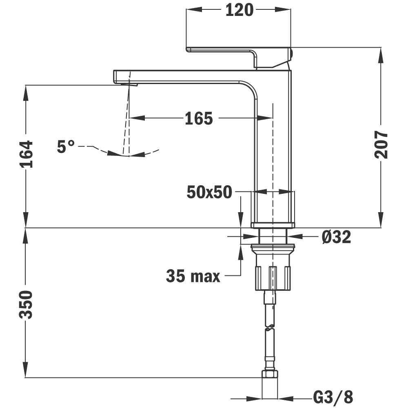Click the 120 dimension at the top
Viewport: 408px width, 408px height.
coord(239,10)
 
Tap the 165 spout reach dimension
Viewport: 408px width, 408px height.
coord(199,118)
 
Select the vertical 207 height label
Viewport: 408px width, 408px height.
coord(381,145)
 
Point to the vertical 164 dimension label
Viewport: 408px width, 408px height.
coord(26,154)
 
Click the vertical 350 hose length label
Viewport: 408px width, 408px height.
coord(26,305)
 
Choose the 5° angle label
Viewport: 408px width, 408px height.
coord(66,146)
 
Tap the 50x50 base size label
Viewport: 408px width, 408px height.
coord(209,192)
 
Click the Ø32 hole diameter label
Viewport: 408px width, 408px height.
coord(336,237)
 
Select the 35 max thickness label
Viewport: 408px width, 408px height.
coord(193,276)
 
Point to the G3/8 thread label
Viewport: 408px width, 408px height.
coord(333,397)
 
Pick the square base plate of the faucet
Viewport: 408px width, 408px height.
coord(273,225)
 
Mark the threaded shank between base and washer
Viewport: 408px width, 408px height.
coord(273,236)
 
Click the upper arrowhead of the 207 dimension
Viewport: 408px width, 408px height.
coord(381,55)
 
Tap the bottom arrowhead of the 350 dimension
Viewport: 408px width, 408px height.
coord(25,370)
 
